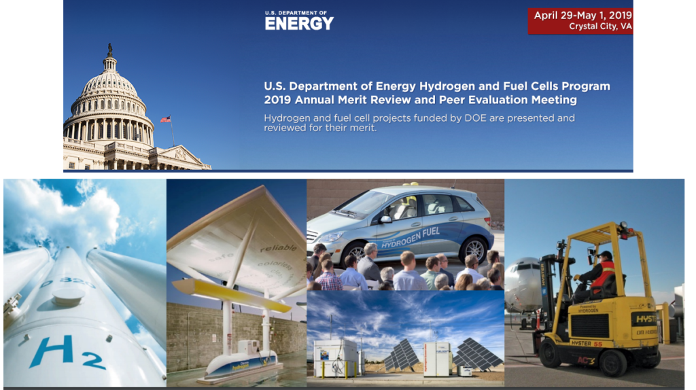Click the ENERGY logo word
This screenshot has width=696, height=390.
299,23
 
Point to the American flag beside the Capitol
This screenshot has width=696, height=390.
165,120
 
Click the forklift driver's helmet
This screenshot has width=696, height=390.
604,255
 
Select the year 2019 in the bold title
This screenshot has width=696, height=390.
279,100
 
